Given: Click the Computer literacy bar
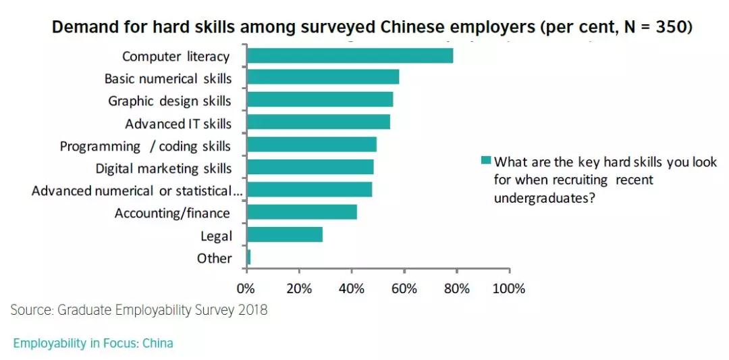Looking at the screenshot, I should [350, 56].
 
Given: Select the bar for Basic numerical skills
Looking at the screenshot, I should [323, 77].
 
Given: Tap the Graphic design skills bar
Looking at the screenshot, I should [320, 100].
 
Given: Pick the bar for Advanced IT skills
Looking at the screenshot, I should [318, 122].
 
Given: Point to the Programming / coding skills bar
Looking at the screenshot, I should [312, 145].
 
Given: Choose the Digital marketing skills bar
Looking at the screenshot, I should [310, 168].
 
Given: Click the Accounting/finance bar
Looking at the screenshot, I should [302, 212].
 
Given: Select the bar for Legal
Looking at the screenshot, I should [285, 234].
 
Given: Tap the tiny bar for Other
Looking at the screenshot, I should [249, 257].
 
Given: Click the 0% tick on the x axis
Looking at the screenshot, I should [246, 289].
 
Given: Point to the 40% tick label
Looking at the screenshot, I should [351, 289].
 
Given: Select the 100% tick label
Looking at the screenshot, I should [509, 289].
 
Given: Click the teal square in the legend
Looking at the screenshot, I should [485, 162].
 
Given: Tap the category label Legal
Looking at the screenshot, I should [216, 236].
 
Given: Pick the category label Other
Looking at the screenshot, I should [214, 258].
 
